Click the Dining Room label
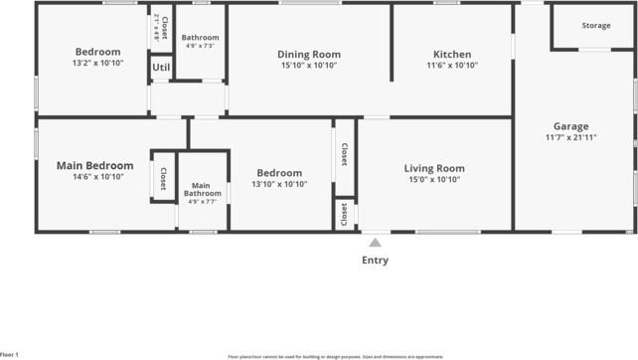point(308,55)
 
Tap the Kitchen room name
point(452,55)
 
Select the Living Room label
point(434,168)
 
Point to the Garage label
point(571,126)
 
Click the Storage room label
point(596,25)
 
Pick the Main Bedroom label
point(95,165)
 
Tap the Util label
point(161,68)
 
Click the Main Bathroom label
point(201,189)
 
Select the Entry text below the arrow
point(375,261)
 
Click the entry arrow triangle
point(375,242)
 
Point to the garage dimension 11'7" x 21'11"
point(571,137)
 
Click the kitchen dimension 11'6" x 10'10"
point(452,66)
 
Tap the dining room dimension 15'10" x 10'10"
point(308,66)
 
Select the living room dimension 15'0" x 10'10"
point(434,180)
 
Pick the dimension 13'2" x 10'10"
point(97,63)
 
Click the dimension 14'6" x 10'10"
point(96,177)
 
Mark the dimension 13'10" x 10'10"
point(279,184)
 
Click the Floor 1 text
point(9,354)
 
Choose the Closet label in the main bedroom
point(163,176)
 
